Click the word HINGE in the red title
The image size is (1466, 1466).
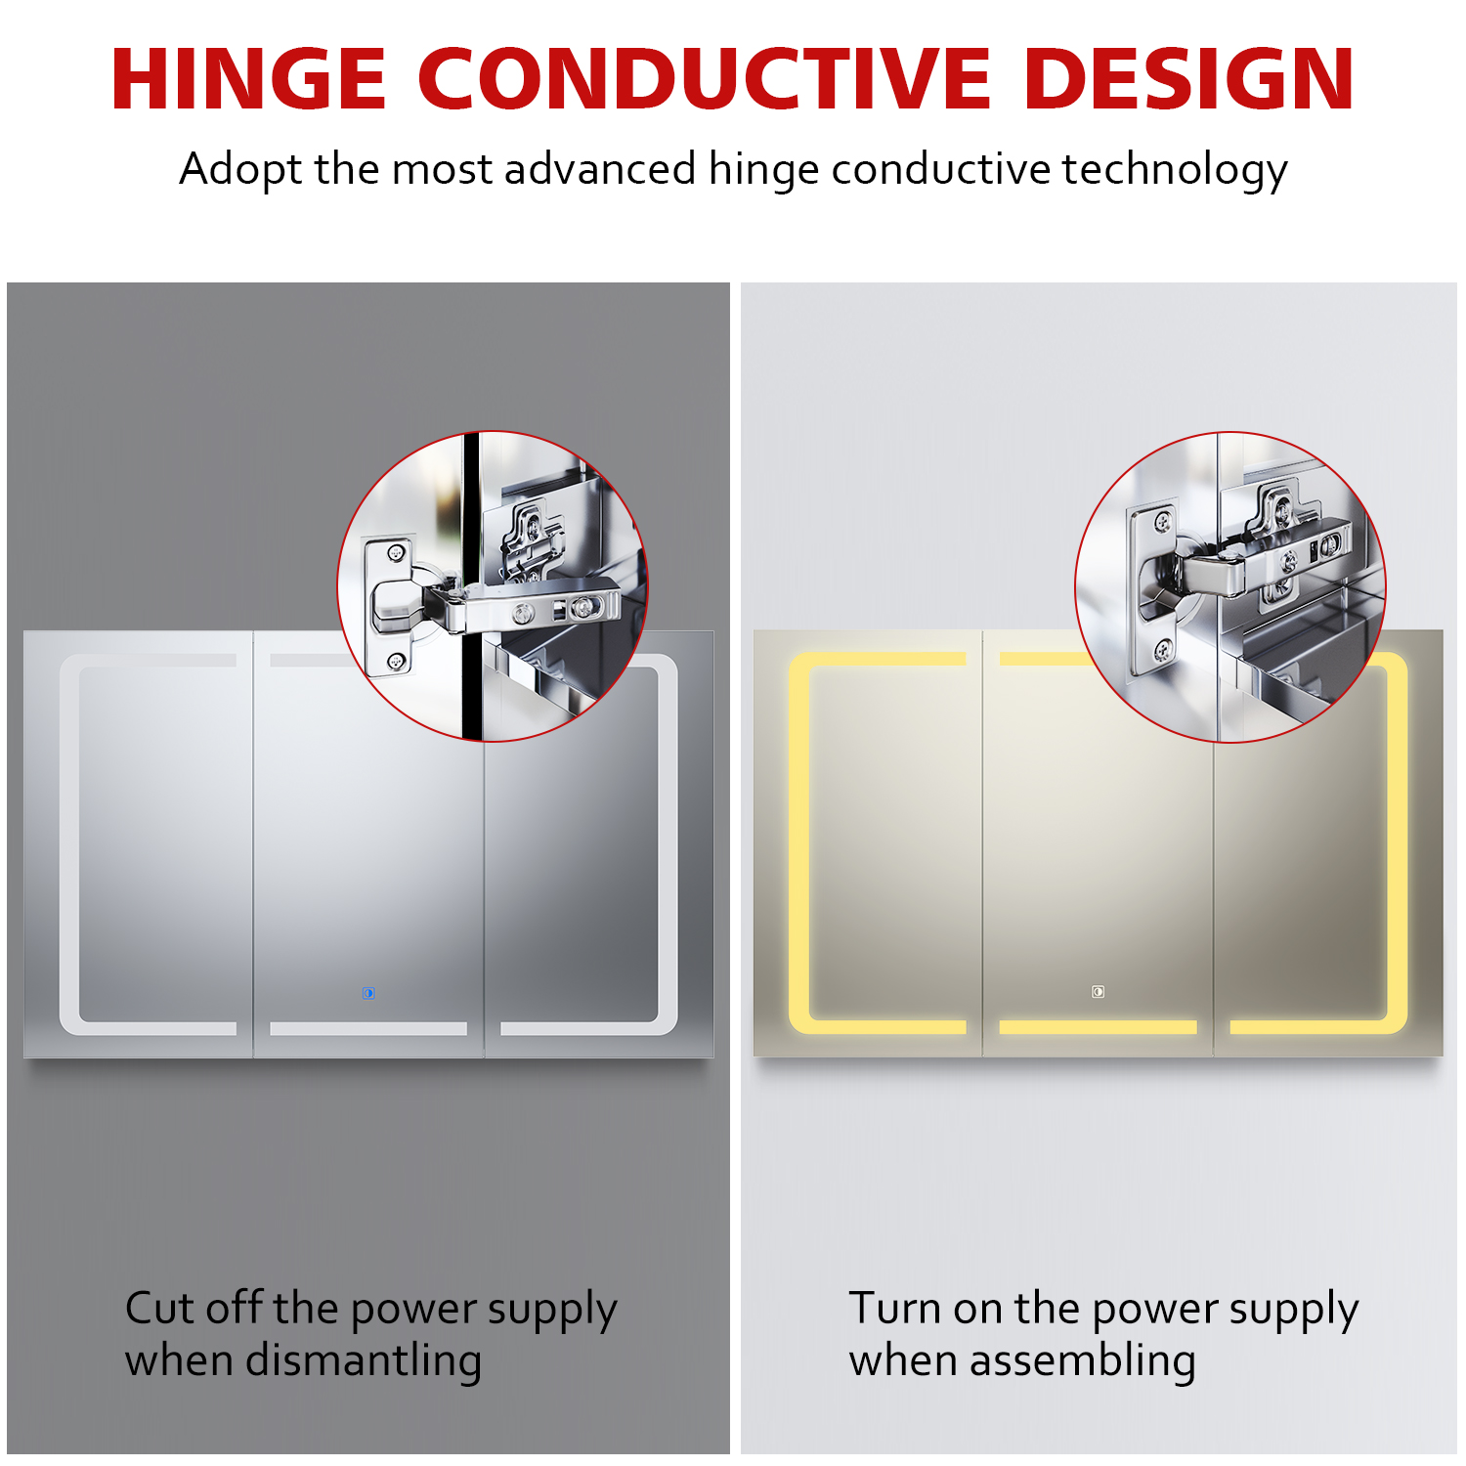point(249,78)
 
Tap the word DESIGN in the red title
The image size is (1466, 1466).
point(1188,78)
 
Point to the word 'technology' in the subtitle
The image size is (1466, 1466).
point(1175,170)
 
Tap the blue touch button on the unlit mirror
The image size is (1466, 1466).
point(368,993)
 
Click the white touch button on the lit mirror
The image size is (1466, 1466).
point(1098,992)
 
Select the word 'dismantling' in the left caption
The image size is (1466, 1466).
point(364,1360)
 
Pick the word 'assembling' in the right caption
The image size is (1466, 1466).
point(1083,1360)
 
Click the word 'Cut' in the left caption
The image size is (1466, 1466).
point(158,1309)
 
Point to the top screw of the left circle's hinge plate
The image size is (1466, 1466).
point(396,553)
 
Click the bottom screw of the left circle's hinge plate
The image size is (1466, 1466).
point(396,661)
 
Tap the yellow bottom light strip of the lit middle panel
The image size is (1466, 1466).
point(1098,1027)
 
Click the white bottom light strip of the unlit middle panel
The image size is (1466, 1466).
point(368,1028)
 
